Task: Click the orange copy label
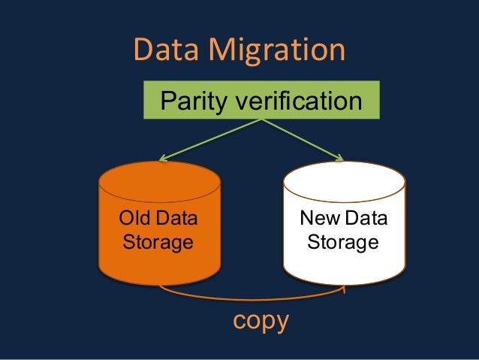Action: click(x=261, y=320)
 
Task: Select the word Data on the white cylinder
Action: click(x=366, y=219)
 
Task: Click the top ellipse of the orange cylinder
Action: click(x=160, y=181)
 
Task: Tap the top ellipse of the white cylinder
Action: click(x=344, y=181)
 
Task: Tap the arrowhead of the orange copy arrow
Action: click(x=344, y=287)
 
